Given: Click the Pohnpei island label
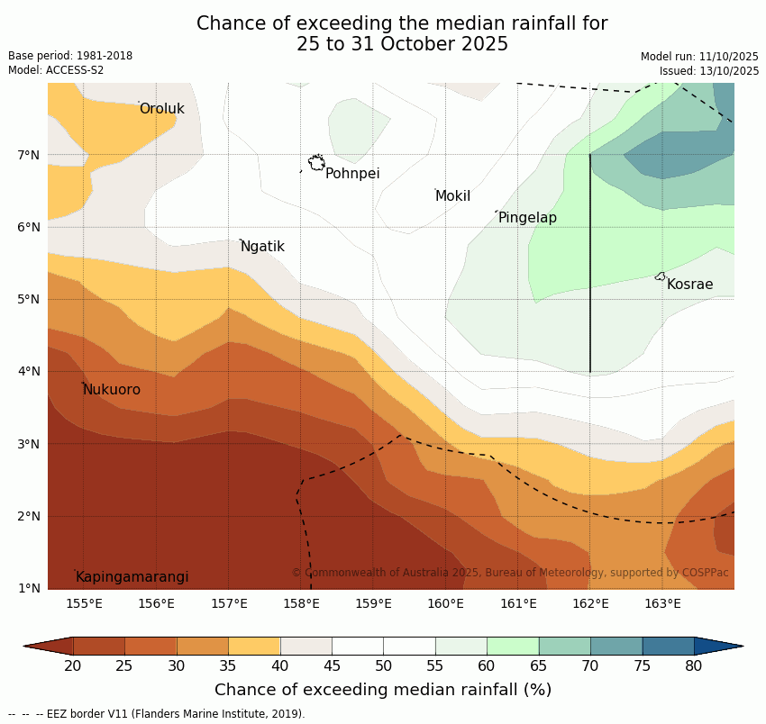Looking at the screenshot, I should (352, 174).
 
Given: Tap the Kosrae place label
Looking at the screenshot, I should (689, 285).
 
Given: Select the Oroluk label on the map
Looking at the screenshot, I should (161, 109).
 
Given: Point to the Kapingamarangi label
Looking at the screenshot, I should (132, 577).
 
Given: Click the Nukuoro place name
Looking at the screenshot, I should (112, 390).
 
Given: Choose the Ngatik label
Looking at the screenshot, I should (262, 247).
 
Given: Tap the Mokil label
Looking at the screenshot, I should (452, 196).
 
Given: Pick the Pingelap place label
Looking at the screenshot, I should (527, 218).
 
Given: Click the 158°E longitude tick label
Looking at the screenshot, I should (301, 603).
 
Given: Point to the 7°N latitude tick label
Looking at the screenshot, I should (29, 155).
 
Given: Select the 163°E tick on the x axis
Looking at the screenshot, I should (662, 603).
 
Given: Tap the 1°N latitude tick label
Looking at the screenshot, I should (29, 588).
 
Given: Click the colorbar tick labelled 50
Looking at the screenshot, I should (384, 665).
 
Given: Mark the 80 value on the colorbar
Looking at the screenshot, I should (694, 665).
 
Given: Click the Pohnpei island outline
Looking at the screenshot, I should (316, 163).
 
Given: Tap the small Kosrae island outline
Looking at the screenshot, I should (660, 276).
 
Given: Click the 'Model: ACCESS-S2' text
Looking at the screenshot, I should (56, 70).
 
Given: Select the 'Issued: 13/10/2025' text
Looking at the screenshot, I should (708, 70).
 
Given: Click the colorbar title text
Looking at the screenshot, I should (383, 690).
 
